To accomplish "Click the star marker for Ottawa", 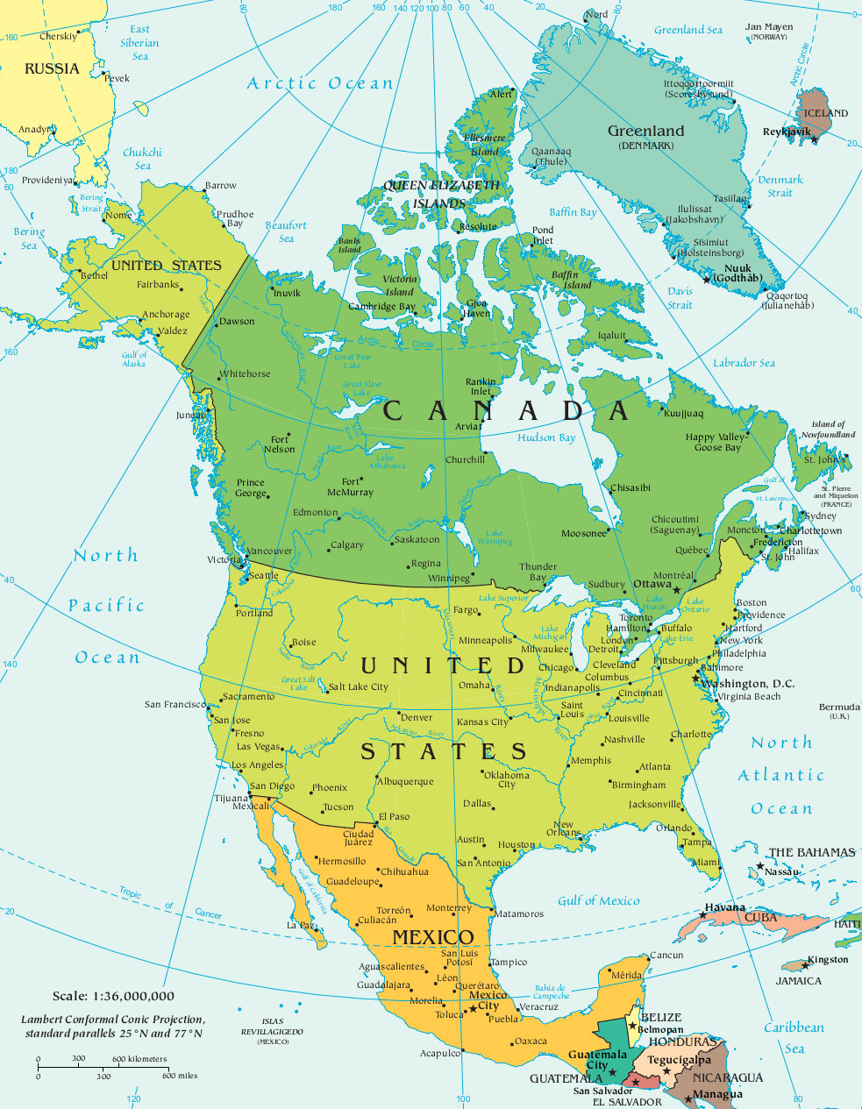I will pos(676,590).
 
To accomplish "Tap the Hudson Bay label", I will pos(546,437).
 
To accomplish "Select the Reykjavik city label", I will pos(787,132).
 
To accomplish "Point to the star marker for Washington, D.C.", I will pos(696,679).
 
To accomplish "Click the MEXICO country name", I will pos(432,937).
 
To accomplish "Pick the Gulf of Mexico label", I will pos(598,900).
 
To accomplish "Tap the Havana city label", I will pos(724,907).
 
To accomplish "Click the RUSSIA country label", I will pos(52,68).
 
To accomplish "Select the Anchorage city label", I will pos(166,314).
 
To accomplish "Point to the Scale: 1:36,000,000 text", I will pos(113,996).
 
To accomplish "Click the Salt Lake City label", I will pos(358,686).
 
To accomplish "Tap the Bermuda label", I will pos(839,707).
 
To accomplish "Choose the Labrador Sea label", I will pos(744,362).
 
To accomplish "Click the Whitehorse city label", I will pos(246,373).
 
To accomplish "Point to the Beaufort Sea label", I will pos(286,231).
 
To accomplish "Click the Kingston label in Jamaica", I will pos(828,959).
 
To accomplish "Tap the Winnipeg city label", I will pos(449,579).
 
